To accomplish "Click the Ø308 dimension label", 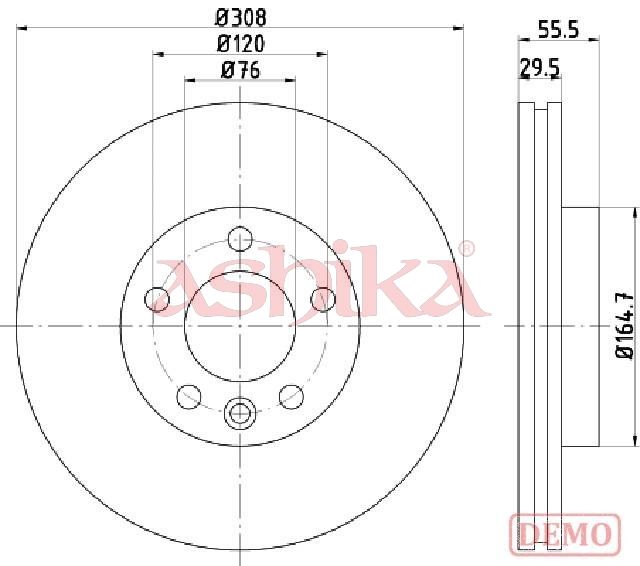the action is [241, 18].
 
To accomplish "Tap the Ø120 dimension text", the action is [240, 44].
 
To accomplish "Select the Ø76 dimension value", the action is [240, 70].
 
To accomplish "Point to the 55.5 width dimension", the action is [558, 29].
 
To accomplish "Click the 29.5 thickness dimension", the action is [540, 68].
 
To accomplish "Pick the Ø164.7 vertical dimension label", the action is [625, 325].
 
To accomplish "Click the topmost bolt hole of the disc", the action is [240, 239].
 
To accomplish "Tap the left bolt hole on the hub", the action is [157, 299].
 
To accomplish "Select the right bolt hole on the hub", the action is [323, 299].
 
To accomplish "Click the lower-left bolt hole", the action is [189, 397].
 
